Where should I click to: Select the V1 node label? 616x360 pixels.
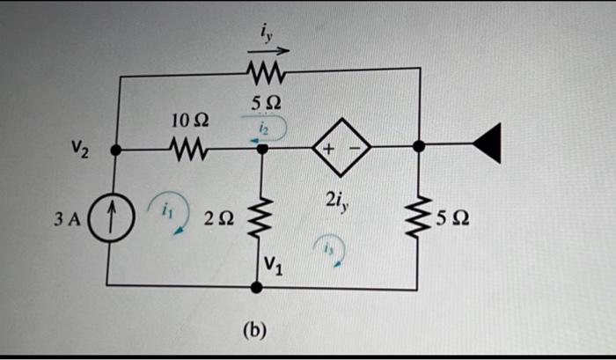pyautogui.click(x=274, y=268)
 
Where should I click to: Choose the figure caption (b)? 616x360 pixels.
pyautogui.click(x=253, y=330)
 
